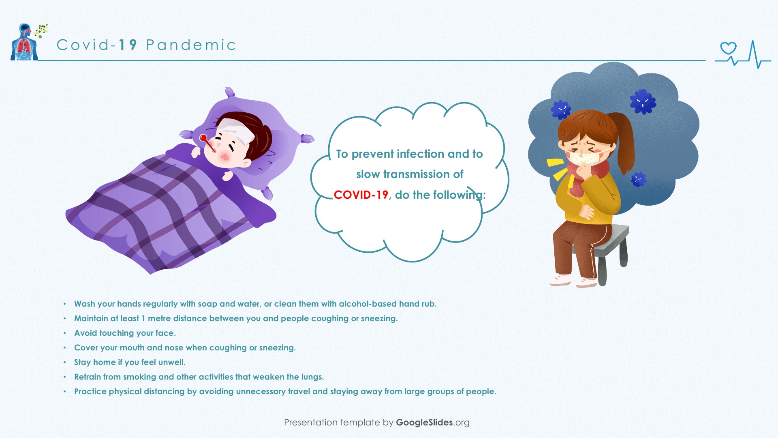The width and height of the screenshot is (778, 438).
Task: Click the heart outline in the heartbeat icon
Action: [x=728, y=48]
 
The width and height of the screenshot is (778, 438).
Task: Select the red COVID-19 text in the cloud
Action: [x=361, y=195]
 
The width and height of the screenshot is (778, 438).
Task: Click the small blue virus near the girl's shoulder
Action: [x=639, y=179]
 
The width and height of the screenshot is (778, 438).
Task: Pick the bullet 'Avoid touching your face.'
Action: [x=125, y=333]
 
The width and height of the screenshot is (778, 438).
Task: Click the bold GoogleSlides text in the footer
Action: [x=424, y=422]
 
